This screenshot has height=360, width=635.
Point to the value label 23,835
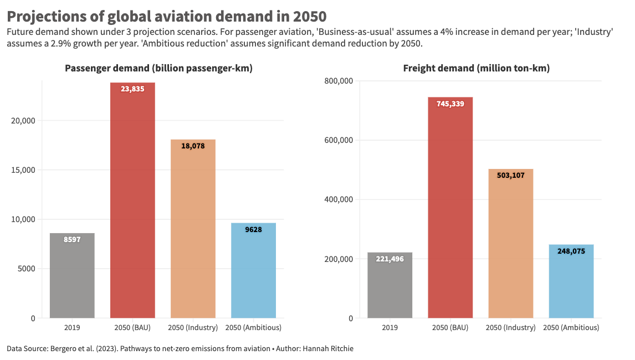tap(132, 89)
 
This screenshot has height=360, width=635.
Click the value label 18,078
tap(193, 146)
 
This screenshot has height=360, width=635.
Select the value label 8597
tap(72, 239)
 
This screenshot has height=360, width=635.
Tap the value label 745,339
tap(450, 104)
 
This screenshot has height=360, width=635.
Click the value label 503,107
tap(510, 176)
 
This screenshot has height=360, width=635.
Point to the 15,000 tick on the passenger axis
tap(23, 170)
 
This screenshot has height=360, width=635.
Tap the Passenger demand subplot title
tap(158, 69)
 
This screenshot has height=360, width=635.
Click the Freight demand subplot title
tap(477, 69)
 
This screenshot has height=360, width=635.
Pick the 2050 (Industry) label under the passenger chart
tap(193, 328)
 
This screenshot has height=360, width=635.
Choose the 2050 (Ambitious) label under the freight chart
tap(571, 328)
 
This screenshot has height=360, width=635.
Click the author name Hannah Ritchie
tap(328, 349)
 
